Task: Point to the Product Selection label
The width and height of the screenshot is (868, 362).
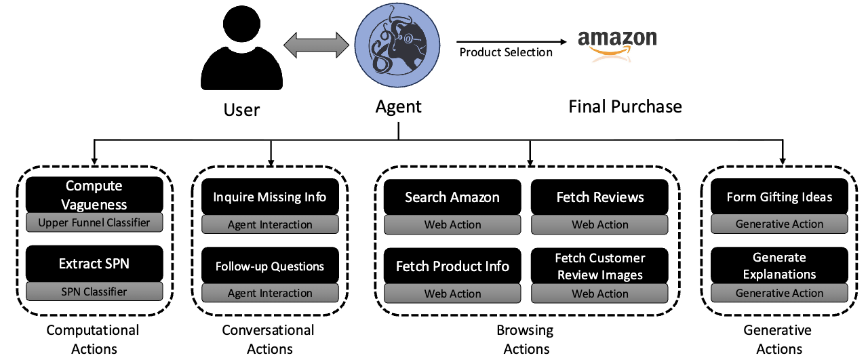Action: coord(506,52)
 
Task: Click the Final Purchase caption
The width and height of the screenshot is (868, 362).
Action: coord(625,106)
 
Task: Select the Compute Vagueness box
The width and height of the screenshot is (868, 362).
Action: coord(94,195)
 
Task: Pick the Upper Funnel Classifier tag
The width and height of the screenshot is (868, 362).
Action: coord(94,222)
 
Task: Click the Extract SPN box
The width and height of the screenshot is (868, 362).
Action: coord(94,264)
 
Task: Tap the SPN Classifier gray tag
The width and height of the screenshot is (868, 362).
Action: coord(94,291)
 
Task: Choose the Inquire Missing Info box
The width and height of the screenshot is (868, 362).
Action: coord(270,197)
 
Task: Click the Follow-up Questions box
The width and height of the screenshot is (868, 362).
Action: coord(270,266)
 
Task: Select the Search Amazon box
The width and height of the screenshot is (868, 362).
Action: coord(452,197)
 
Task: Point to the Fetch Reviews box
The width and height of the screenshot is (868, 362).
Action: coord(600,197)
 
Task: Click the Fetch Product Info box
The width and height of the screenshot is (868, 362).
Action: coord(452,266)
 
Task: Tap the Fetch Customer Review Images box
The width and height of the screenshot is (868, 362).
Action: coord(600,266)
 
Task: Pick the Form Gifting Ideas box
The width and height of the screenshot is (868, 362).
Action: coord(779,197)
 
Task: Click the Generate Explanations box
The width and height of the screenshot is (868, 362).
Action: coord(779,266)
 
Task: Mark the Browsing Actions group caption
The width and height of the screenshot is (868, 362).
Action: coord(527,340)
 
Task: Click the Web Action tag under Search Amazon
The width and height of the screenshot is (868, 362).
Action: coord(452,225)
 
